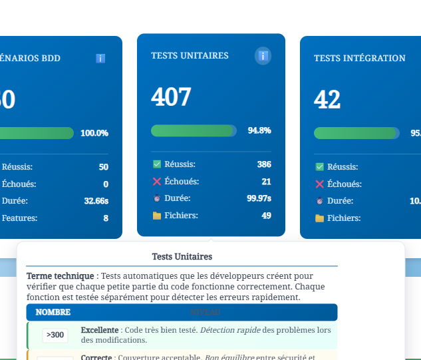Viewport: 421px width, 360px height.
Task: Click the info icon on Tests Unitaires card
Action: click(x=263, y=56)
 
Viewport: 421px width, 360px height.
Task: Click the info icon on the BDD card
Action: click(x=100, y=59)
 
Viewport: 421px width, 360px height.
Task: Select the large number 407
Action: click(x=171, y=97)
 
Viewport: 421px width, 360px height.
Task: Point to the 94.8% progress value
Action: click(x=259, y=130)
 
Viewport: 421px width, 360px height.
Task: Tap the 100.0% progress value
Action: click(x=94, y=133)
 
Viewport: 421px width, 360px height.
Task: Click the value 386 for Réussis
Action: click(x=264, y=164)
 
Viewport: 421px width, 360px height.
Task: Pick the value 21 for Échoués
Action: click(x=266, y=182)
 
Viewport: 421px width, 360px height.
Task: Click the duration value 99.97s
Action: click(x=259, y=198)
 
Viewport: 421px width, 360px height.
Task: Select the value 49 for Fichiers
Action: click(x=266, y=216)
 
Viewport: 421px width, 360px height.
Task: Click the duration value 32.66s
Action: click(x=96, y=201)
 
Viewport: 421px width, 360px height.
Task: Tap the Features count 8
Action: click(x=106, y=218)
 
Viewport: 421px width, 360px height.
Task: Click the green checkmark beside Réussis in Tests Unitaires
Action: click(x=157, y=164)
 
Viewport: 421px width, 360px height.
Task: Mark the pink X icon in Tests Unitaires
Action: click(x=157, y=182)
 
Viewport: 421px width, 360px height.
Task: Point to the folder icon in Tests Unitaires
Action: click(x=157, y=216)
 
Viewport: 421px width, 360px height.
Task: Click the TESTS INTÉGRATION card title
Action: click(x=359, y=59)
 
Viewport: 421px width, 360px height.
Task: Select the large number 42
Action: click(x=327, y=100)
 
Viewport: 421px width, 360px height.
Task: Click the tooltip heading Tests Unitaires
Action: click(x=182, y=256)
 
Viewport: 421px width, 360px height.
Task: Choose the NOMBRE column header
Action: click(x=53, y=312)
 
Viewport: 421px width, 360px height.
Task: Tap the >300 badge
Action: click(x=55, y=335)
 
